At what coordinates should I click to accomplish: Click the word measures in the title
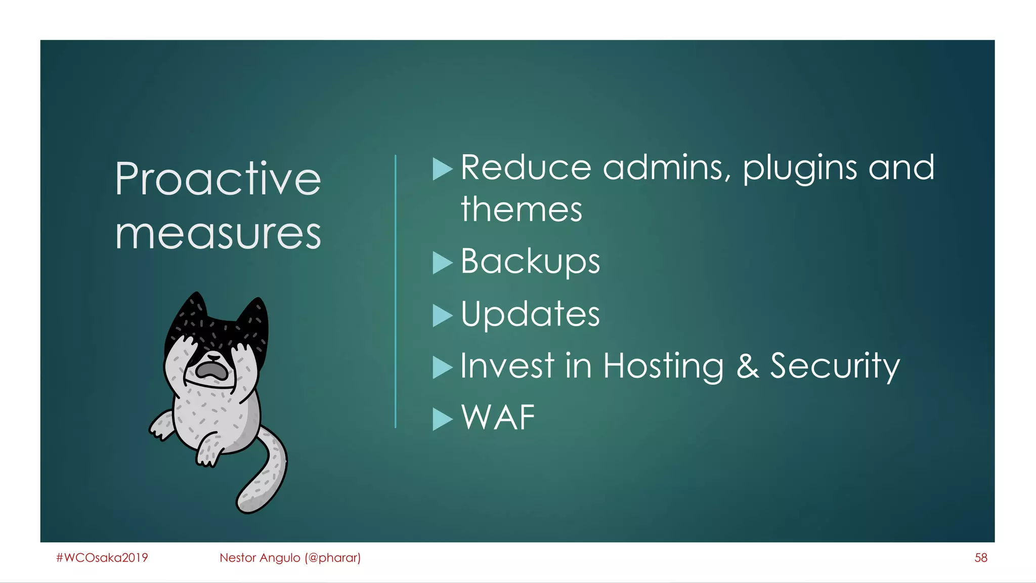click(x=218, y=234)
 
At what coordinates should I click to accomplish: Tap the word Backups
click(x=530, y=261)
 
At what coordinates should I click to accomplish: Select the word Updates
click(x=530, y=314)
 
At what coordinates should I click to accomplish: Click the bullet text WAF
click(x=498, y=418)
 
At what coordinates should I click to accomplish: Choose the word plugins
click(x=800, y=168)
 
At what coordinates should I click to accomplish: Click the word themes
click(x=521, y=210)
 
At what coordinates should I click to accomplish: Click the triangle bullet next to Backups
click(x=442, y=263)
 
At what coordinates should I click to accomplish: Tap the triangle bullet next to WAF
click(x=442, y=419)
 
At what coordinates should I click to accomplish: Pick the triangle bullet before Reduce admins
click(x=442, y=169)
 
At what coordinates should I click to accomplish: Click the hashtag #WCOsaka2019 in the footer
click(x=102, y=558)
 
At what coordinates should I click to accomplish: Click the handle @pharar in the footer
click(x=332, y=558)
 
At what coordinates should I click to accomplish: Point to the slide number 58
click(x=980, y=558)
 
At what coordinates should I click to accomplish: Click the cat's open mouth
click(x=212, y=371)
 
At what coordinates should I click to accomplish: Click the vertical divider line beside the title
click(x=396, y=291)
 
